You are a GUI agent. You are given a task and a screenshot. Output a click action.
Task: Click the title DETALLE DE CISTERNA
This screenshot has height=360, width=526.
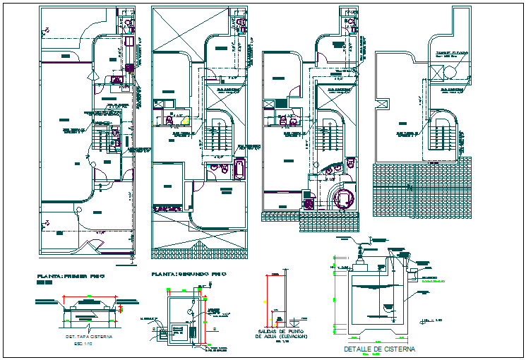pyautogui.click(x=378, y=349)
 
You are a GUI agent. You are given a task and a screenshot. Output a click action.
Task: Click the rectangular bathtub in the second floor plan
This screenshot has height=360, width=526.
pyautogui.click(x=238, y=169)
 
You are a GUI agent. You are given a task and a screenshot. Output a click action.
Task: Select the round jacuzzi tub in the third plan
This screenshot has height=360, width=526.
pyautogui.click(x=344, y=197)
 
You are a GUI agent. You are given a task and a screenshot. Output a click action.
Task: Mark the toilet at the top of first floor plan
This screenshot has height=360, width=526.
pyautogui.click(x=130, y=24)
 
